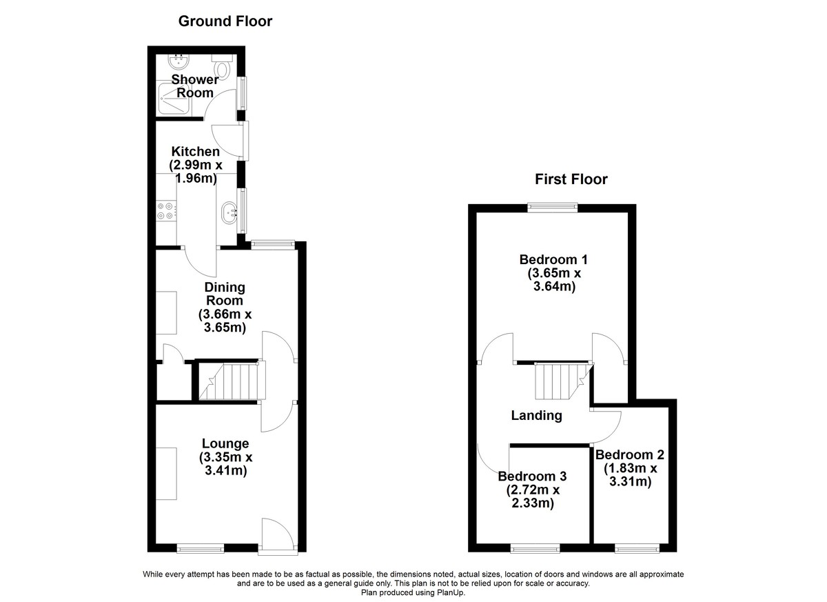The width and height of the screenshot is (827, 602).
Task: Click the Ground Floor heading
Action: (x=225, y=21)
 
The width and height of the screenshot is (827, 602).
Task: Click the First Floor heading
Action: (x=571, y=179)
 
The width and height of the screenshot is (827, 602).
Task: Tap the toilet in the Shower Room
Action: (x=222, y=66)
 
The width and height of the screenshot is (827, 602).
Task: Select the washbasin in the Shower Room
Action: (x=178, y=61)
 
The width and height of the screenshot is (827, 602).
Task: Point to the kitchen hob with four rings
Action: (x=165, y=211)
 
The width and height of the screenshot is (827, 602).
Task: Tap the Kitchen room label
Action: (x=195, y=152)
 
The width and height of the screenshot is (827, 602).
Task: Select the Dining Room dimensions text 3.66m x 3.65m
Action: (x=225, y=321)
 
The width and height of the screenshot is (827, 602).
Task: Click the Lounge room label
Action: (x=225, y=443)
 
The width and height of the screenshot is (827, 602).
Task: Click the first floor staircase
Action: (x=563, y=381)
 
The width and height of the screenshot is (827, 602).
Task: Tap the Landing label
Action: (x=536, y=416)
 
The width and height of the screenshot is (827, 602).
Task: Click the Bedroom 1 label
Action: (x=553, y=260)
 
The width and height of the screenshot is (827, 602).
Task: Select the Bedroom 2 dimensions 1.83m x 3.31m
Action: (x=630, y=475)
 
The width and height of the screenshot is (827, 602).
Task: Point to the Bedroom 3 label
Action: (x=532, y=476)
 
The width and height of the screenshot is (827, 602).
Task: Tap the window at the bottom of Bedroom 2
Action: (x=637, y=550)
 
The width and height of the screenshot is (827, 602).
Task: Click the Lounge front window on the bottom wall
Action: (x=201, y=550)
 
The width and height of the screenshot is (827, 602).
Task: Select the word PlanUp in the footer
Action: (x=451, y=593)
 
